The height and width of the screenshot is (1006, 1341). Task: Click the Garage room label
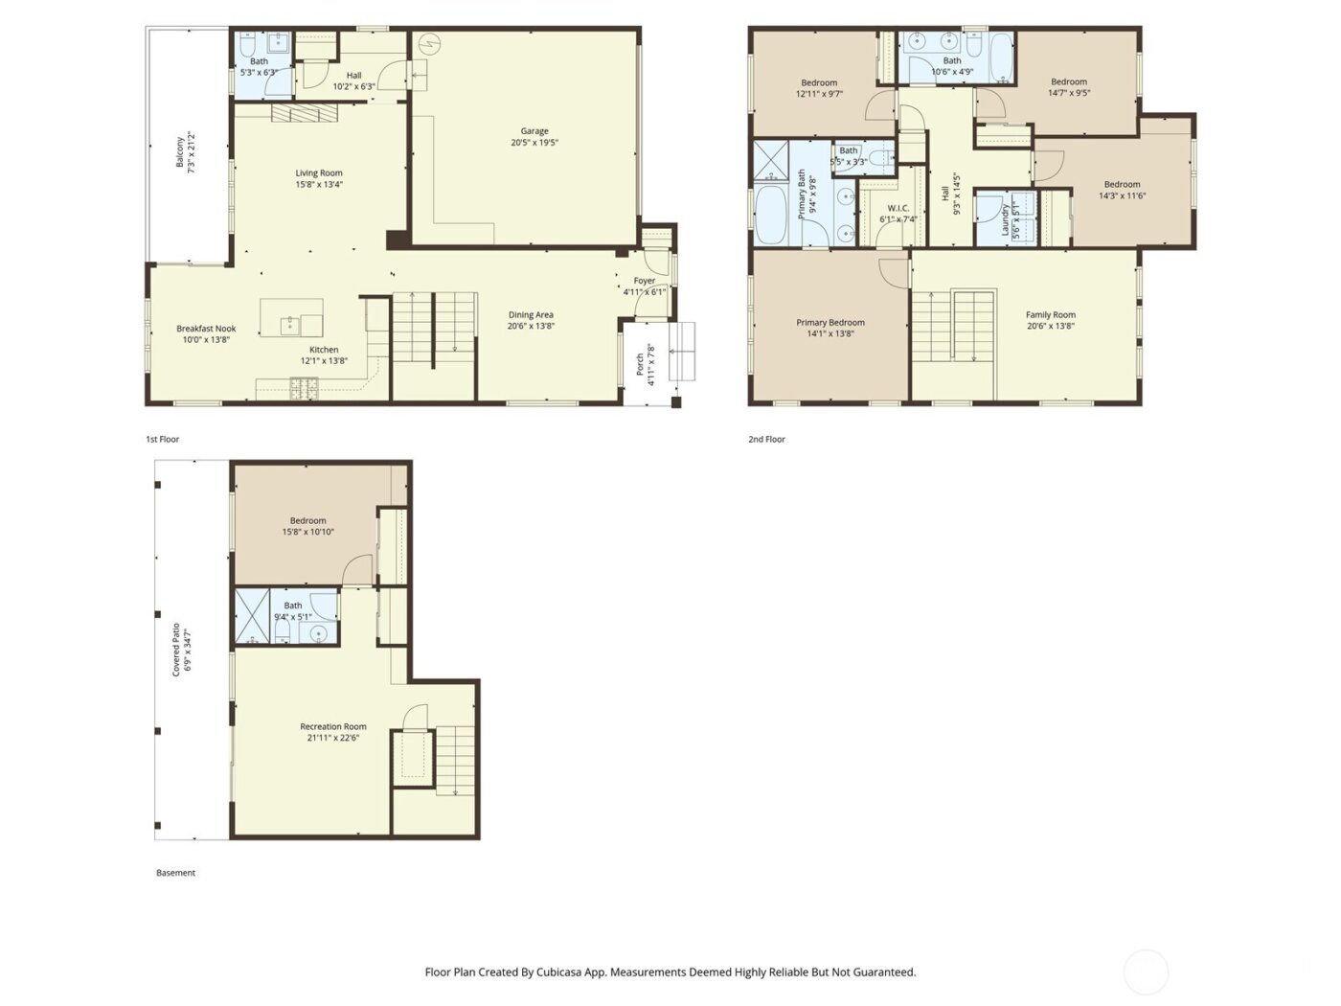[x=534, y=131]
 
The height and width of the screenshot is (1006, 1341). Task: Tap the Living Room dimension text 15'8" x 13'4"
[x=319, y=185]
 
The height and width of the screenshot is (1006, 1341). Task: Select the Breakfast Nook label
[x=206, y=329]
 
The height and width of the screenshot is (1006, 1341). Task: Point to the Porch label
[x=641, y=365]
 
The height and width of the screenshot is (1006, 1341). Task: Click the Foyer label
[x=645, y=281]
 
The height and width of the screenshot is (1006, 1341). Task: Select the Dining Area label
[x=531, y=314]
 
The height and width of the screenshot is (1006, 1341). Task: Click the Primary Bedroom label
[x=830, y=323]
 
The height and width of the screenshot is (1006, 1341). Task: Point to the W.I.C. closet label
[x=898, y=208]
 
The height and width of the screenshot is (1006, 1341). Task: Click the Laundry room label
[x=1005, y=219]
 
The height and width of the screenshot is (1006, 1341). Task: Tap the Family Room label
[x=1051, y=314]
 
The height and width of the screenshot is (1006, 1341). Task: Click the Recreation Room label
[x=333, y=726]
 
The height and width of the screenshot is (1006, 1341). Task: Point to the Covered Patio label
[x=176, y=651]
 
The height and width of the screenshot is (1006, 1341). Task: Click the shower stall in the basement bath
[x=253, y=617]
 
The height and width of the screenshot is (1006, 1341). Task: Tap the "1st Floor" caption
[x=163, y=440]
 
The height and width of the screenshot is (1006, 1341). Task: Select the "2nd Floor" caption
[x=766, y=440]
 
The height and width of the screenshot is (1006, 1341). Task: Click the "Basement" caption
[x=175, y=873]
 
